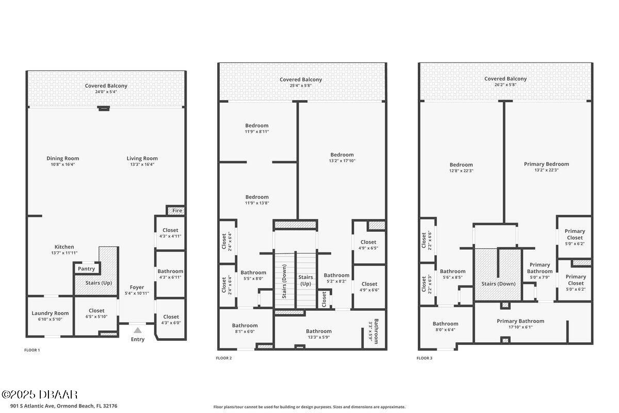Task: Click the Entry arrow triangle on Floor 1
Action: pyautogui.click(x=137, y=330)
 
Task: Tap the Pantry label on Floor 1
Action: pyautogui.click(x=86, y=269)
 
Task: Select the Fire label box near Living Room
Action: pyautogui.click(x=177, y=211)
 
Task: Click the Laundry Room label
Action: pyautogui.click(x=50, y=313)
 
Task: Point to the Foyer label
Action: pyautogui.click(x=137, y=287)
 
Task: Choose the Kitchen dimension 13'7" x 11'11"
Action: pyautogui.click(x=64, y=253)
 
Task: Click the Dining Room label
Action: pyautogui.click(x=63, y=158)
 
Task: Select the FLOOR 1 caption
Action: pyautogui.click(x=32, y=350)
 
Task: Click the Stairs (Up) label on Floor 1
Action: pyautogui.click(x=99, y=283)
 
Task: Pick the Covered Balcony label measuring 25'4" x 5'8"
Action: pyautogui.click(x=301, y=86)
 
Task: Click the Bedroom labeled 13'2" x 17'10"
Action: pyautogui.click(x=342, y=155)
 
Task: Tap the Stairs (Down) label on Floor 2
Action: pyautogui.click(x=284, y=281)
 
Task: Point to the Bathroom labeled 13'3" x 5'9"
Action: pyautogui.click(x=318, y=331)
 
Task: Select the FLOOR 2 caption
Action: pyautogui.click(x=223, y=358)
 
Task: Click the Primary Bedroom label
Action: pyautogui.click(x=546, y=164)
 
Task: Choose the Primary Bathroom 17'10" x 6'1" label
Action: pyautogui.click(x=520, y=321)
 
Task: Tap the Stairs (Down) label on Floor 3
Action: pyautogui.click(x=498, y=283)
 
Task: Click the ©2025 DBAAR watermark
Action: pyautogui.click(x=40, y=395)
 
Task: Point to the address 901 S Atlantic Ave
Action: pyautogui.click(x=59, y=406)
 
